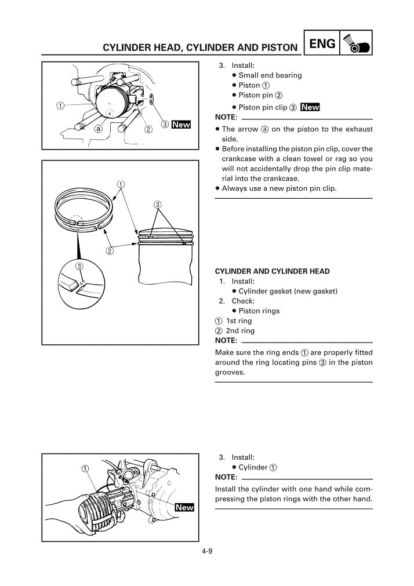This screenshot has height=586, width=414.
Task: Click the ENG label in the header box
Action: [x=322, y=43]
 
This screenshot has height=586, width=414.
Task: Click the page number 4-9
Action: [x=207, y=551]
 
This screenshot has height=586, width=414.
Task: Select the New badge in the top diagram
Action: [x=181, y=125]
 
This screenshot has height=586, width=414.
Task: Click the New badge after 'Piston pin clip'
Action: [x=310, y=107]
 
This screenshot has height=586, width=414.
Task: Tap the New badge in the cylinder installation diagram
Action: [x=184, y=507]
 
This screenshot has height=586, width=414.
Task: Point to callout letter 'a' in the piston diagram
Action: [x=99, y=128]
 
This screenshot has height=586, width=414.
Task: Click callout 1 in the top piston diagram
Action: [x=60, y=105]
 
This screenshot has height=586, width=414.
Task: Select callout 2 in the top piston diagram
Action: [x=148, y=129]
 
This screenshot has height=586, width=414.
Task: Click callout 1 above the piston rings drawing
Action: [x=121, y=185]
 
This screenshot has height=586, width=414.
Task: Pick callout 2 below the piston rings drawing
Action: [x=109, y=251]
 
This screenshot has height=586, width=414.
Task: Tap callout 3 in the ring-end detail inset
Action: [x=80, y=266]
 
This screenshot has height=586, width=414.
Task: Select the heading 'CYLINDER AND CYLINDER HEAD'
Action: [x=272, y=271]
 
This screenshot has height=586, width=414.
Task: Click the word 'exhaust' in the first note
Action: [x=357, y=129]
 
